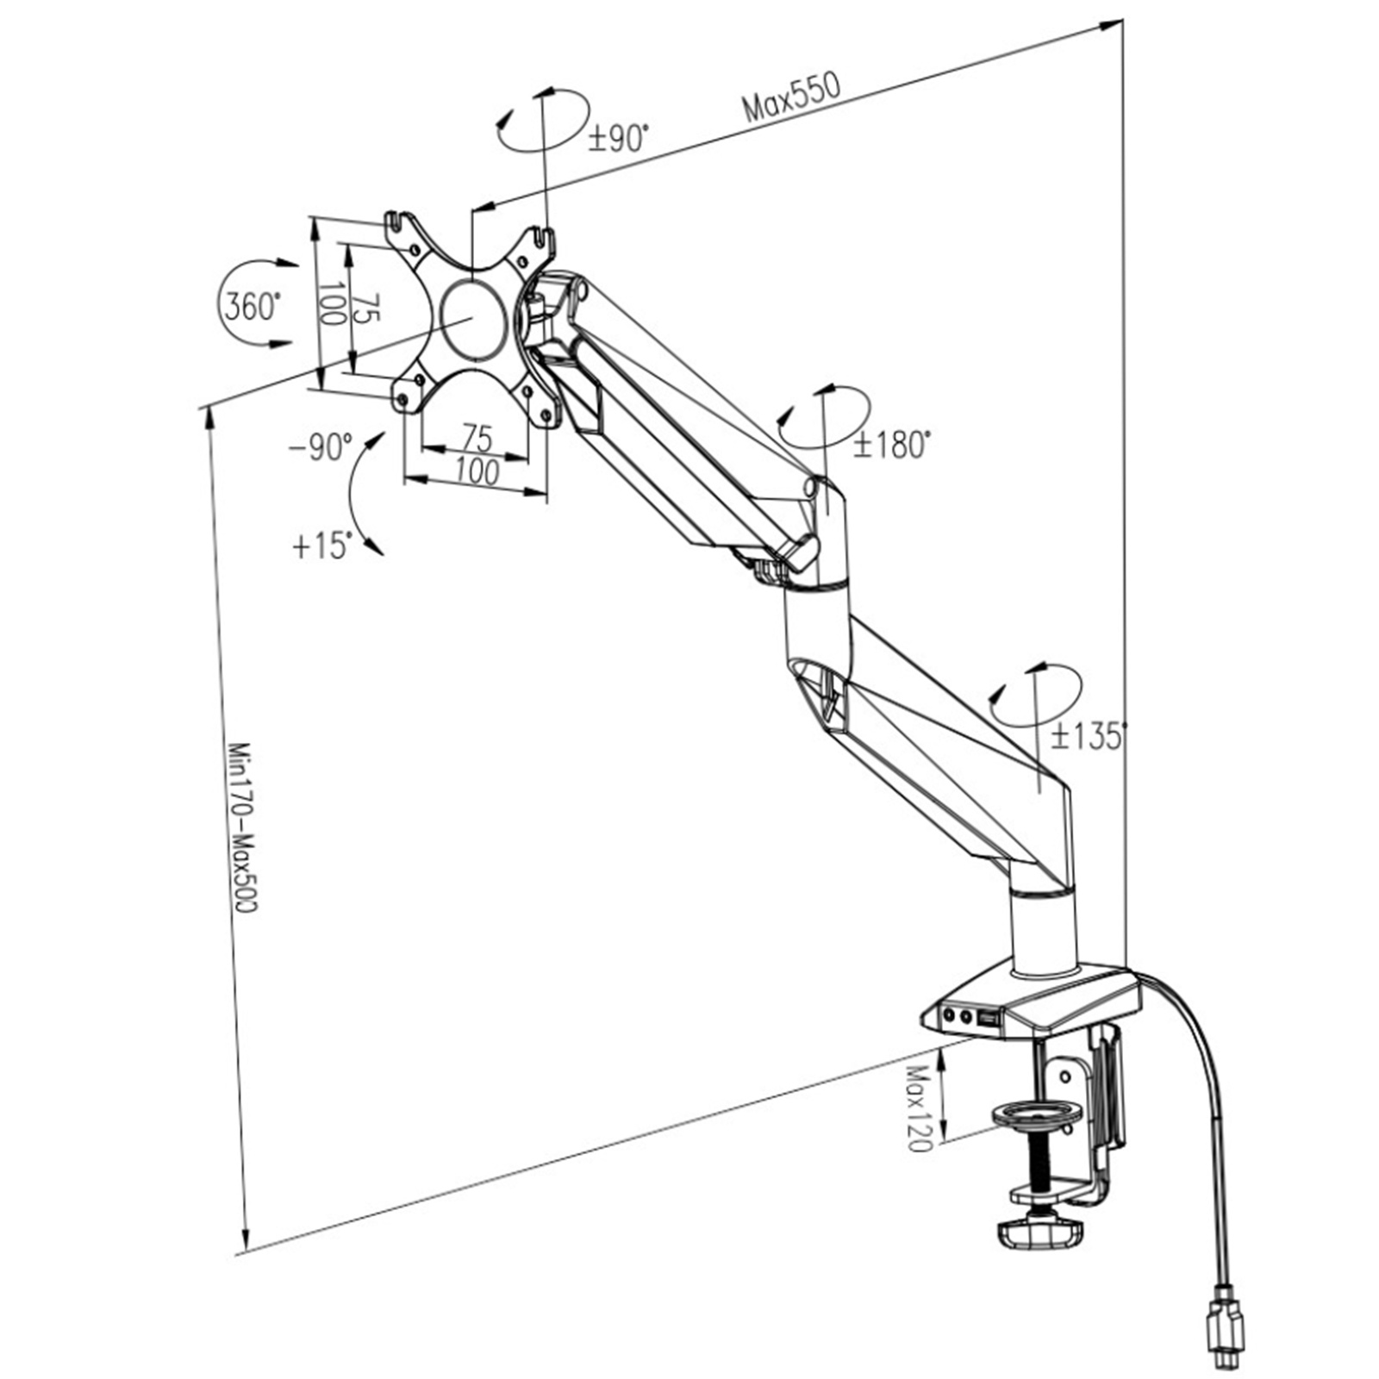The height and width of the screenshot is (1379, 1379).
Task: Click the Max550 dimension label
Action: pyautogui.click(x=790, y=96)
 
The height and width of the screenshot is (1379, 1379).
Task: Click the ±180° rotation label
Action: pyautogui.click(x=892, y=445)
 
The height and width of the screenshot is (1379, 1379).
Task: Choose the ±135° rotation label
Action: pyautogui.click(x=1089, y=735)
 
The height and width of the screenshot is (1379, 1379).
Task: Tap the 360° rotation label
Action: pyautogui.click(x=252, y=306)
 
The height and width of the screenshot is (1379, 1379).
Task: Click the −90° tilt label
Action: pyautogui.click(x=321, y=447)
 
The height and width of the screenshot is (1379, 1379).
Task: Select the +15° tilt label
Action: pyautogui.click(x=322, y=546)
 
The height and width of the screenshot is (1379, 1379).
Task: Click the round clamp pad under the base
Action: pyautogui.click(x=1037, y=1117)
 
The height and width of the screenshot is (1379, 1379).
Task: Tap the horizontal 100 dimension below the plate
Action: pyautogui.click(x=477, y=471)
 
